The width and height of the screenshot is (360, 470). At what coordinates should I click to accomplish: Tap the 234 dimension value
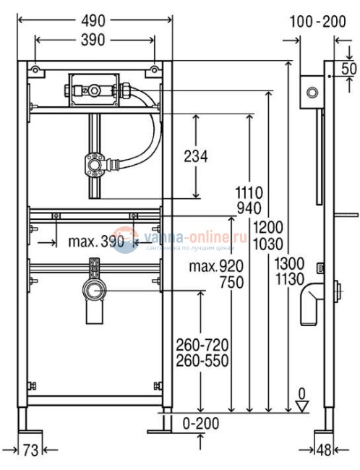coord(195,155)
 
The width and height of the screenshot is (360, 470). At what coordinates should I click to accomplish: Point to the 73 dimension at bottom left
coord(30,450)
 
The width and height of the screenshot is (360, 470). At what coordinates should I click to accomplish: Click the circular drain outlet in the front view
coord(93,292)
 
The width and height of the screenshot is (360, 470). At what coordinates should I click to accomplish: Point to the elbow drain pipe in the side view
coord(314,298)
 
